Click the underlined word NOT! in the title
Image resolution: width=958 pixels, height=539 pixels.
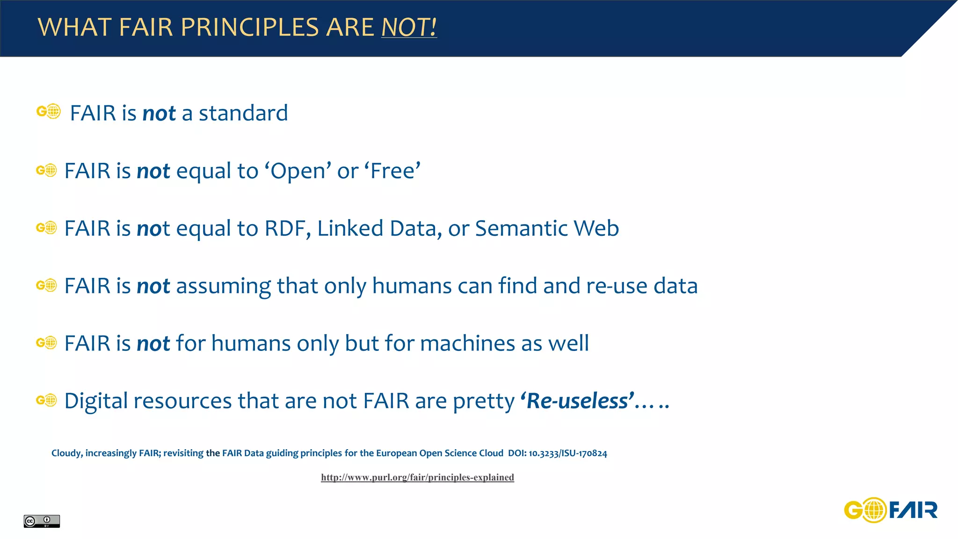point(409,27)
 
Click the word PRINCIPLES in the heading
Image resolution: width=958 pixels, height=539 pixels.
point(249,27)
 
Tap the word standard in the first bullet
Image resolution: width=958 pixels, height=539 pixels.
point(243,113)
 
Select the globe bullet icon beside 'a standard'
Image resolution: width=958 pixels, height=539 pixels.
point(49,111)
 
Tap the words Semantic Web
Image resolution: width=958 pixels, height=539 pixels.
point(546,228)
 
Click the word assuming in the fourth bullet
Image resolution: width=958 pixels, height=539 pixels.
point(223,286)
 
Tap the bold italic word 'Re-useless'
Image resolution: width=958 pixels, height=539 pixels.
point(577,401)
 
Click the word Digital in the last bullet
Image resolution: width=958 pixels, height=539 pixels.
point(96,401)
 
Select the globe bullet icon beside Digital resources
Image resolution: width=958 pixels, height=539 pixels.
point(46,401)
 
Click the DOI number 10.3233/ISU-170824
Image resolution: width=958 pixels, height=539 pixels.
point(567,453)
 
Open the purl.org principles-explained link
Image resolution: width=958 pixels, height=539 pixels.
point(417,477)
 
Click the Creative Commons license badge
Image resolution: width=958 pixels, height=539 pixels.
point(42,521)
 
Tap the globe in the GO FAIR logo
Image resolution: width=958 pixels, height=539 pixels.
point(874,510)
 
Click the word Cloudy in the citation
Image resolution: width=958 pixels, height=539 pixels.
point(66,453)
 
